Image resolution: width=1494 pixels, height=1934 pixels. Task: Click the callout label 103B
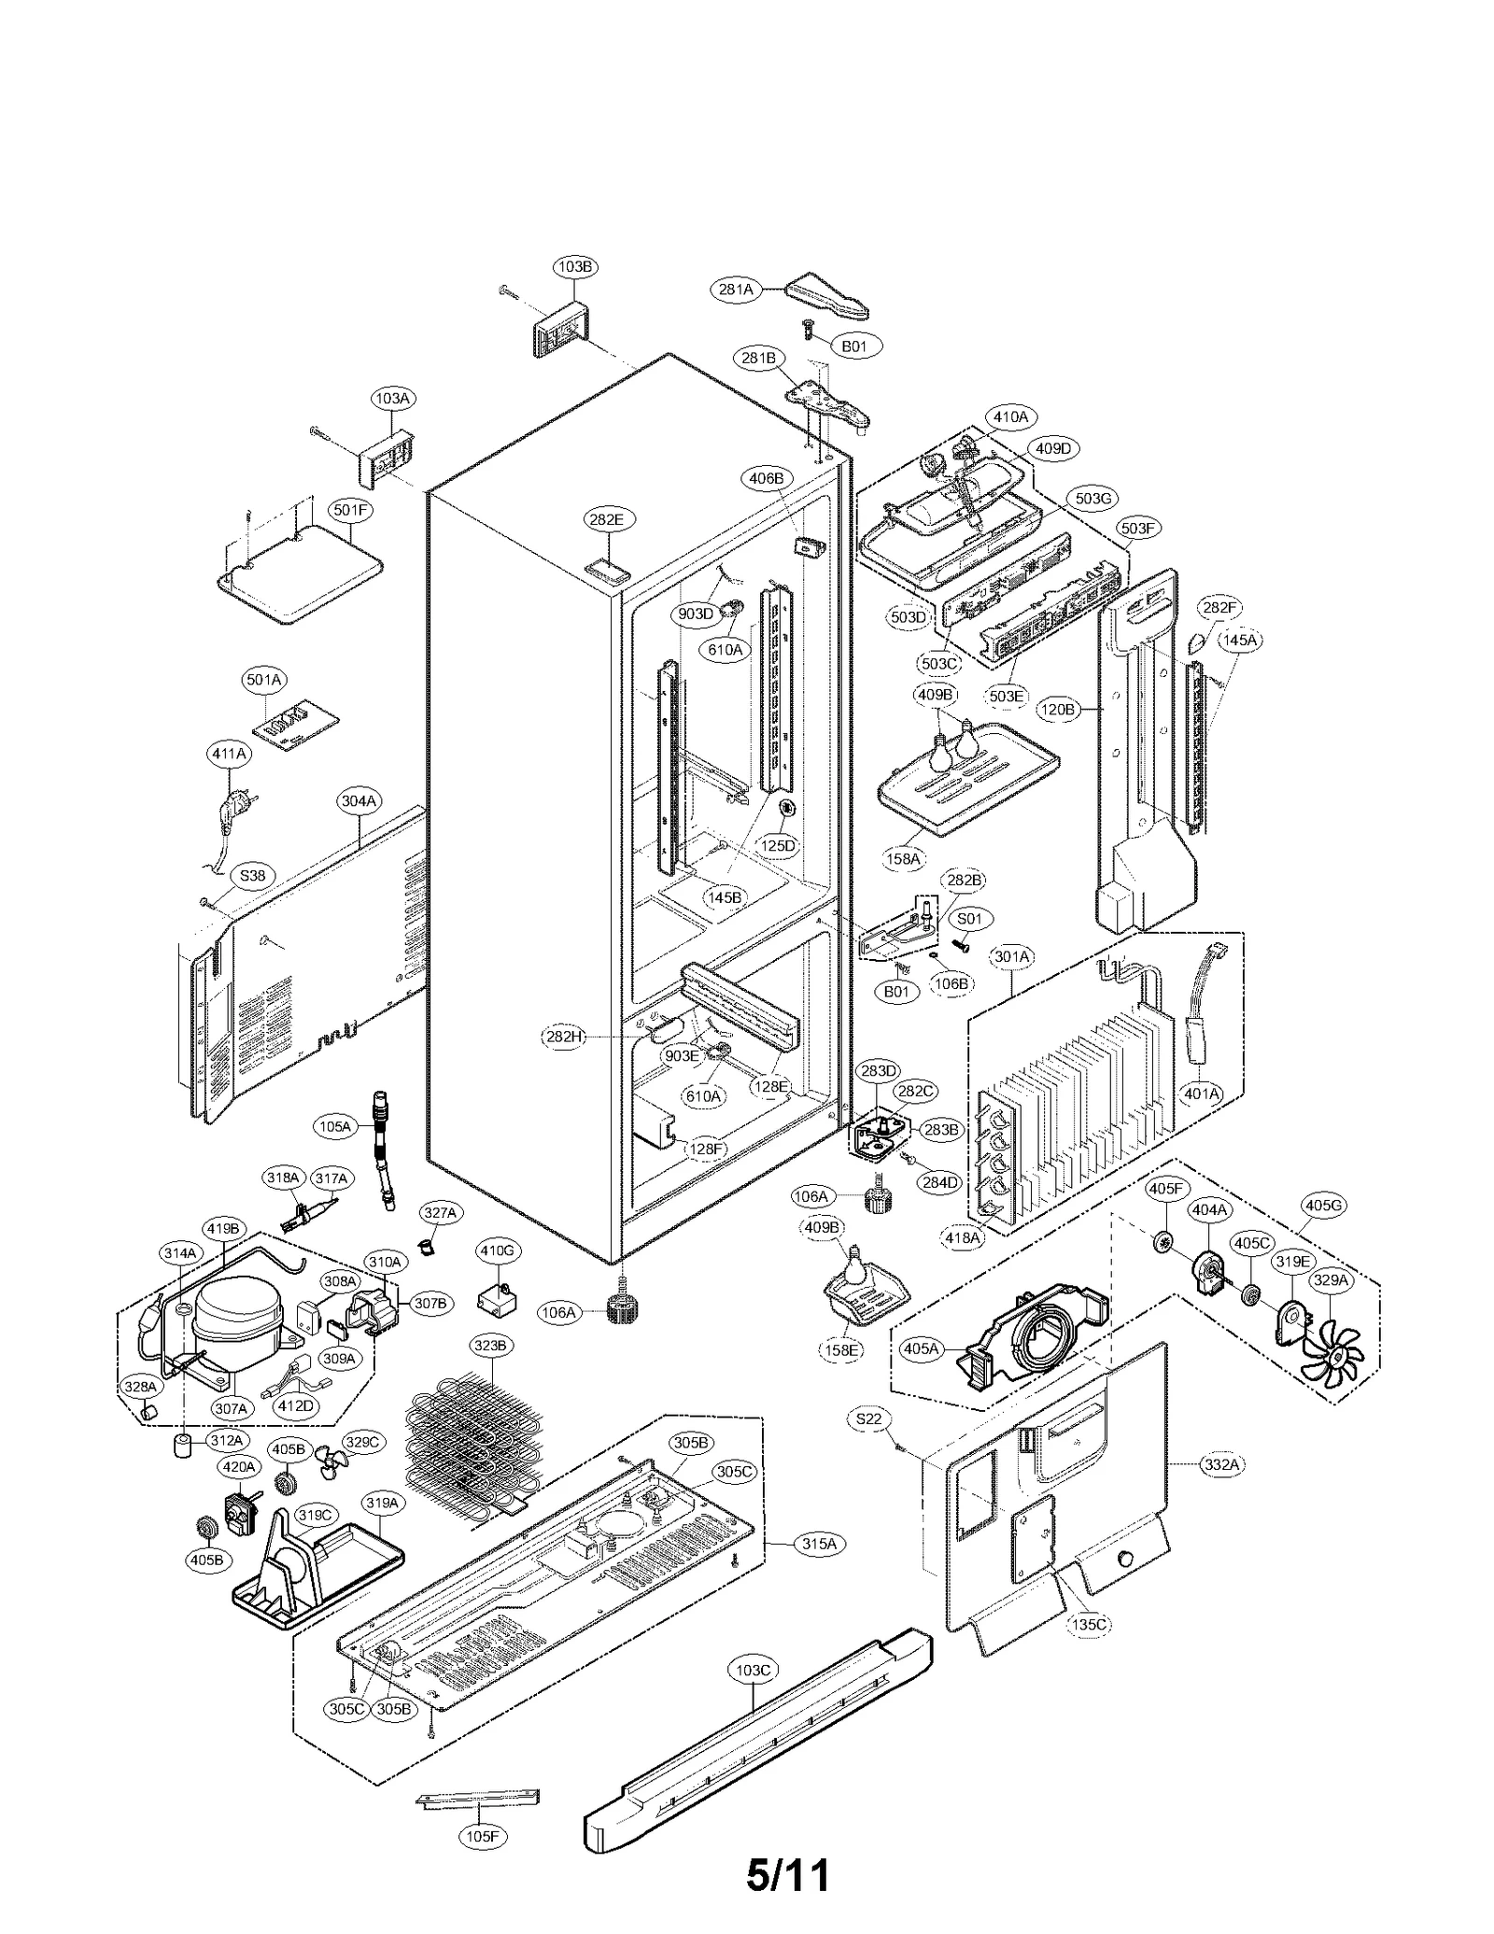point(575,267)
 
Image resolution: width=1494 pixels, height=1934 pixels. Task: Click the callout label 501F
point(351,510)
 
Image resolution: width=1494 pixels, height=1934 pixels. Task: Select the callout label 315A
point(819,1544)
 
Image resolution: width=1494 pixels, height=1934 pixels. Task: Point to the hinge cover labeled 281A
point(825,296)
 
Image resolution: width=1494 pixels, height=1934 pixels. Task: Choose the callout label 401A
point(1202,1094)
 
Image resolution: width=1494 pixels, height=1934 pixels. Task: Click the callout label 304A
point(359,800)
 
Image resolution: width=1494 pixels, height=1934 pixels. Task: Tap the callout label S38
point(252,876)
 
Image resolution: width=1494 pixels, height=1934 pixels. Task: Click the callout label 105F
point(482,1836)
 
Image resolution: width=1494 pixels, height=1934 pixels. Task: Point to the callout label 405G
point(1323,1206)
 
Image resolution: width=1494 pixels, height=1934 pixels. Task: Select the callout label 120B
point(1058,710)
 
